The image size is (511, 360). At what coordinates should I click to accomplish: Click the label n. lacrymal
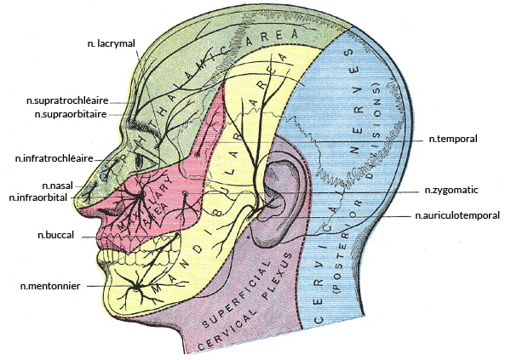click(112, 43)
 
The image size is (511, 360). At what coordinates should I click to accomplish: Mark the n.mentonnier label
click(49, 287)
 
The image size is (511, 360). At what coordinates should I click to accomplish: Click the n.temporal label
click(453, 138)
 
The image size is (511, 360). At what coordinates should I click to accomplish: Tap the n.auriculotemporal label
click(457, 216)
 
